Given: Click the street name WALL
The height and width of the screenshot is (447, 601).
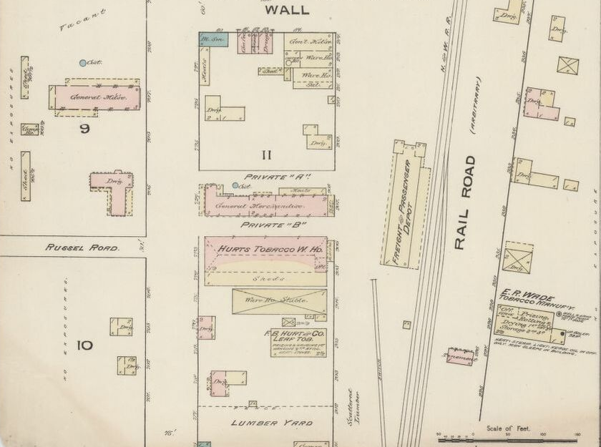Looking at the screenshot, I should click(287, 10).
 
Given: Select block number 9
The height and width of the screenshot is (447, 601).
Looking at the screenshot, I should click(84, 129).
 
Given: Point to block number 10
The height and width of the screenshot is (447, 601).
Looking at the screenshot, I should click(84, 345).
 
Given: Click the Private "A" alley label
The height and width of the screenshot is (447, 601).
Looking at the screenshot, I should click(267, 177).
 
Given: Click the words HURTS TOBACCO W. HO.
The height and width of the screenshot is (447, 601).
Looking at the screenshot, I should click(265, 249).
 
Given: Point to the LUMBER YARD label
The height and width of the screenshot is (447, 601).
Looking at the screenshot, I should click(271, 423).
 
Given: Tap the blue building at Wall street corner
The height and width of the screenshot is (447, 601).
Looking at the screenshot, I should click(213, 39).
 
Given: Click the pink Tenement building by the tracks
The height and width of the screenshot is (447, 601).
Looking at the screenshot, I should click(460, 355).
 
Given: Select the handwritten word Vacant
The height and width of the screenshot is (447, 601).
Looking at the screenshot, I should click(82, 20).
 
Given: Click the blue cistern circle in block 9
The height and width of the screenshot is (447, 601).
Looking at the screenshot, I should click(83, 63).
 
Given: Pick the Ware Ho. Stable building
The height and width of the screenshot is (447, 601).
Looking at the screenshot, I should click(278, 300).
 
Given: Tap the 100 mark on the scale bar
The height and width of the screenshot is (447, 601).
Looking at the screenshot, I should click(543, 434).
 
